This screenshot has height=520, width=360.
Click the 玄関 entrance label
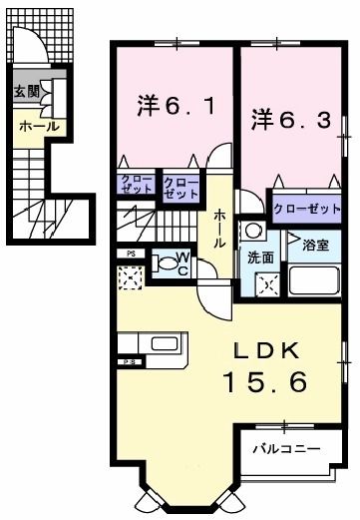25,92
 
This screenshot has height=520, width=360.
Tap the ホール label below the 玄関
39,127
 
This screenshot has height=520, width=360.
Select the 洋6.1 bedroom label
173,104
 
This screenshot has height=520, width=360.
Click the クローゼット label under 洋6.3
307,211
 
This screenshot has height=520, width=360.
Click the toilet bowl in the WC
163,264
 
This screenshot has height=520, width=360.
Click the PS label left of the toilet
131,255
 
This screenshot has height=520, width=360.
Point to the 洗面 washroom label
260,256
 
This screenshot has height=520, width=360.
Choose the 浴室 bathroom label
315,243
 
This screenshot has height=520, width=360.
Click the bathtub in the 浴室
313,277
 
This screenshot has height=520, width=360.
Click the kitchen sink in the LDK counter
164,345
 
